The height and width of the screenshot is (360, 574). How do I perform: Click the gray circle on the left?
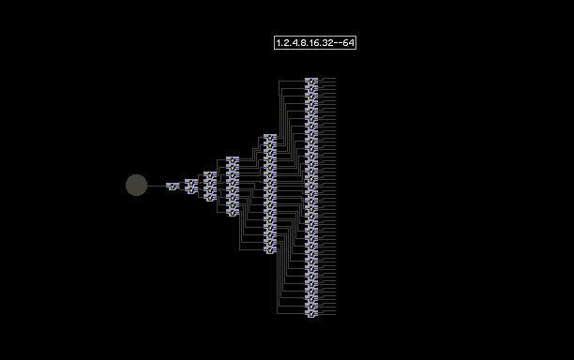[x=137, y=185]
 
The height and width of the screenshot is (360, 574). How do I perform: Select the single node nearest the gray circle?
[x=173, y=187]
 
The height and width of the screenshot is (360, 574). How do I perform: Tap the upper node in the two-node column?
[x=191, y=183]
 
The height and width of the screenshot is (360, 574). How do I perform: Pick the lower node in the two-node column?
[x=191, y=190]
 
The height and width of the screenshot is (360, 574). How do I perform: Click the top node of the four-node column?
[x=210, y=175]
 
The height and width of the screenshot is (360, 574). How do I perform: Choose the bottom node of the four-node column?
[x=210, y=198]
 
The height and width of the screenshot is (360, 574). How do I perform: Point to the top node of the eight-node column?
[x=233, y=160]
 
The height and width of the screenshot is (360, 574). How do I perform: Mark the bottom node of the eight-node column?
[x=233, y=213]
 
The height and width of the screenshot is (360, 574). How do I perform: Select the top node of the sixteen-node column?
[x=270, y=138]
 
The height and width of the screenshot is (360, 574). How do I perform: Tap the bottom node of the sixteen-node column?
[x=270, y=250]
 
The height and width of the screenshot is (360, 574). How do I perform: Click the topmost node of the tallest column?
[x=311, y=82]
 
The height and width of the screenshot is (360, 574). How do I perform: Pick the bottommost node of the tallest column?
[x=311, y=314]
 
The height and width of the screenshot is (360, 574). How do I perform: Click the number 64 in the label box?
[x=349, y=43]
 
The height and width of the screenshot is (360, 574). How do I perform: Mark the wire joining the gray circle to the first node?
[x=157, y=186]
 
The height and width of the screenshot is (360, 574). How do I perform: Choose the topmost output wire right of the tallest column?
[x=326, y=78]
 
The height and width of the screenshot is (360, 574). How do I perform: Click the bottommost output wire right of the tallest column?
[x=326, y=315]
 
